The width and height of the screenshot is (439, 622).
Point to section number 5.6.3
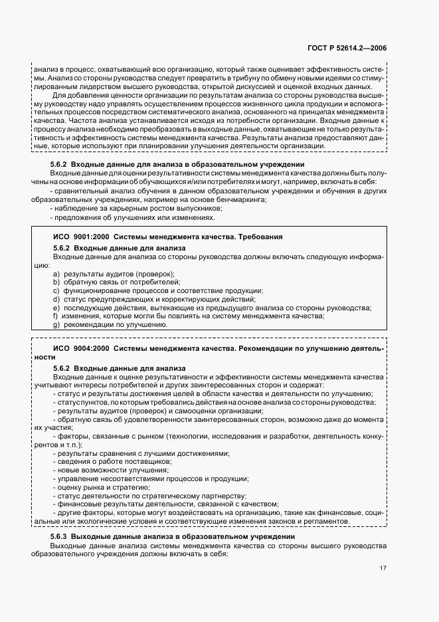click(x=61, y=536)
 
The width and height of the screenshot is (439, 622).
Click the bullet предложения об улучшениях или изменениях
click(x=133, y=217)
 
